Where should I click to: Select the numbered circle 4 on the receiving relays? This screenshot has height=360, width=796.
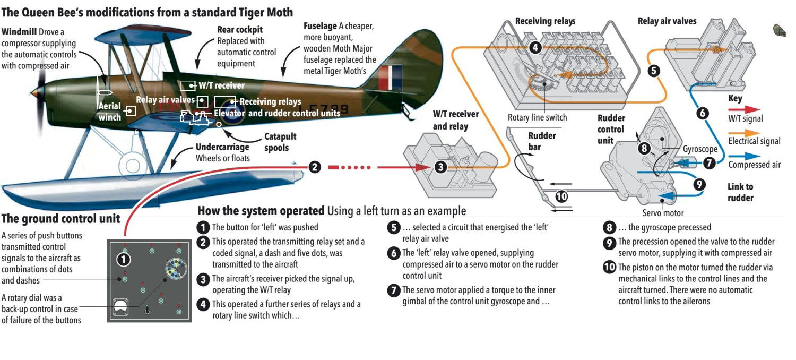pos(535,47)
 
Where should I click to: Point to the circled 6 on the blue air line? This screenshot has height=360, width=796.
pos(702,113)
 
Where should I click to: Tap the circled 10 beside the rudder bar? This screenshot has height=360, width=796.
pos(561,196)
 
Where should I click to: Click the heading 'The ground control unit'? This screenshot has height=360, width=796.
pos(60,219)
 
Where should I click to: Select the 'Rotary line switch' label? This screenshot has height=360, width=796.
pos(537,118)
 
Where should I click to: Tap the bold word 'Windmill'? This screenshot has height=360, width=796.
pos(19,32)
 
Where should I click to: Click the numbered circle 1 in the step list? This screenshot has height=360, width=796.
pos(202,227)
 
